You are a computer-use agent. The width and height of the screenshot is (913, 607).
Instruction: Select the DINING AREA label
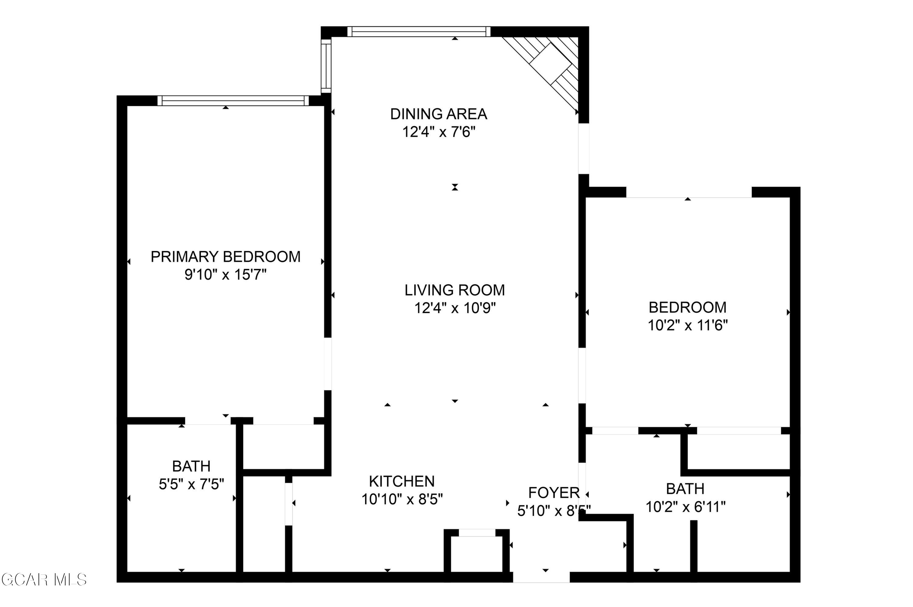[x=438, y=114]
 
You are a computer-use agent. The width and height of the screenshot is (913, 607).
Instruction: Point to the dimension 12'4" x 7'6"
[x=438, y=132]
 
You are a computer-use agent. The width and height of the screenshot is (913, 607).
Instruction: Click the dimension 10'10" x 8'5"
[x=402, y=499]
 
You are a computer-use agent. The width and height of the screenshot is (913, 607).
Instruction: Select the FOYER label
[x=554, y=493]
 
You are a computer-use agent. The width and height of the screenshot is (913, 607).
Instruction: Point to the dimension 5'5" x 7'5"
[x=191, y=484]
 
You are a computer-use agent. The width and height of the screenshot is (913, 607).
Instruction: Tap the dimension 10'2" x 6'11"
[x=685, y=507]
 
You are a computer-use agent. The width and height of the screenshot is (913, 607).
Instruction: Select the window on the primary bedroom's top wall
[x=233, y=101]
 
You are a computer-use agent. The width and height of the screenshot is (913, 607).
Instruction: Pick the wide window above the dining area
[x=419, y=32]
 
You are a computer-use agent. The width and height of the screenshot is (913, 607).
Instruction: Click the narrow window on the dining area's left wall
[x=326, y=66]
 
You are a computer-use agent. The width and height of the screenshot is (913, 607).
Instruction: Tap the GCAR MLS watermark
[x=44, y=580]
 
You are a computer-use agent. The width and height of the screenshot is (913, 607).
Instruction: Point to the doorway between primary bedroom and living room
[x=328, y=364]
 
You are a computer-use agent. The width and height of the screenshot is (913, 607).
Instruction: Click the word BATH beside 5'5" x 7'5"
[x=191, y=467]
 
